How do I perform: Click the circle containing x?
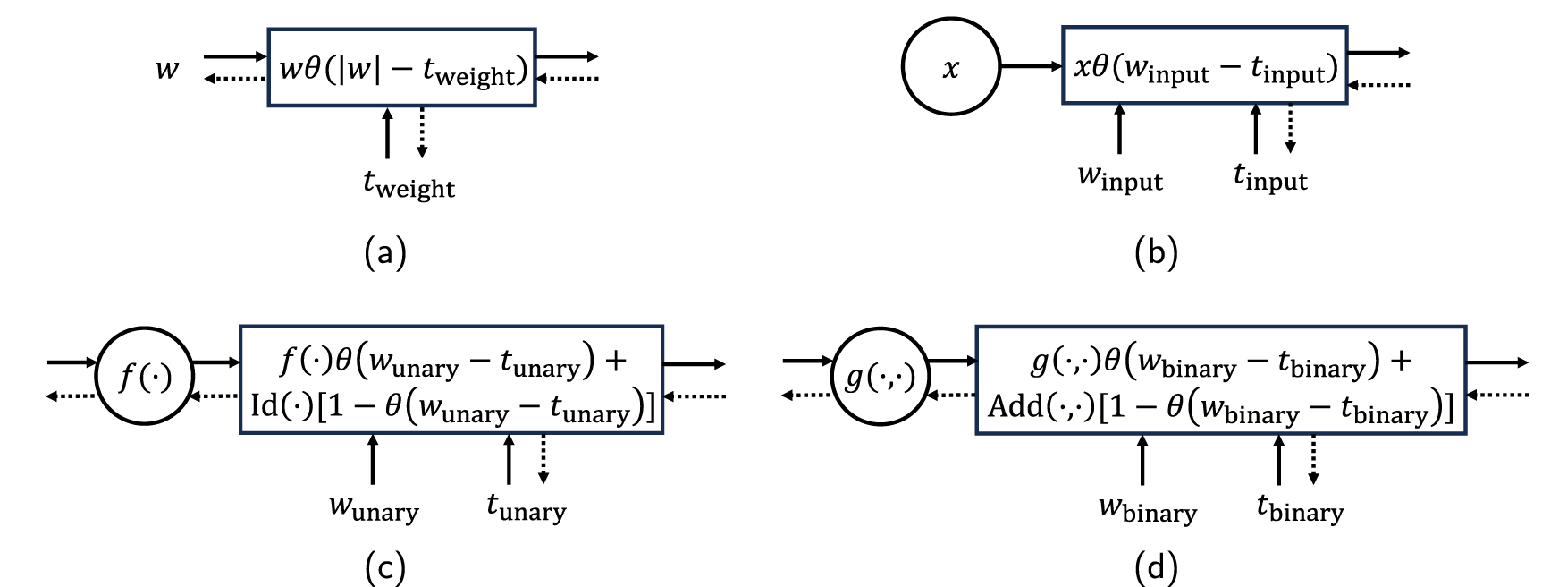pyautogui.click(x=951, y=66)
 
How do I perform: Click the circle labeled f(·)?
pyautogui.click(x=145, y=377)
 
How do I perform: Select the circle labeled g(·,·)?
pyautogui.click(x=881, y=377)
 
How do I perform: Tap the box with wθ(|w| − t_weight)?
pyautogui.click(x=401, y=68)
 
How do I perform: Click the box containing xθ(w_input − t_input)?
pyautogui.click(x=1204, y=66)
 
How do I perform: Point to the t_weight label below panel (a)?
pyautogui.click(x=409, y=184)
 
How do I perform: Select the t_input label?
pyautogui.click(x=1270, y=177)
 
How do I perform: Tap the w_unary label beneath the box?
pyautogui.click(x=374, y=507)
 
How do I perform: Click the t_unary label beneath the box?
pyautogui.click(x=526, y=507)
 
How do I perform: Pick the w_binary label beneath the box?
pyautogui.click(x=1147, y=509)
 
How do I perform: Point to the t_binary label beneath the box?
pyautogui.click(x=1300, y=508)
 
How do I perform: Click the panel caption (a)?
pyautogui.click(x=385, y=252)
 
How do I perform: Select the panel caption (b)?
pyautogui.click(x=1156, y=252)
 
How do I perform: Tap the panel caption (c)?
pyautogui.click(x=385, y=567)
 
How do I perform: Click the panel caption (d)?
pyautogui.click(x=1156, y=567)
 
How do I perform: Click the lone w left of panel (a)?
pyautogui.click(x=167, y=69)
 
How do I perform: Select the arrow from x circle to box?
pyautogui.click(x=1031, y=66)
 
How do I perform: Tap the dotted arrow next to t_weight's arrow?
pyautogui.click(x=422, y=132)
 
